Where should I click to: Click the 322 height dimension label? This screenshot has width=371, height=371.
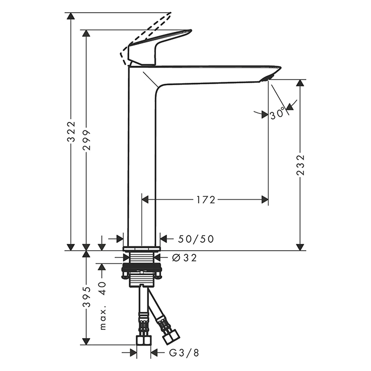point(71,131)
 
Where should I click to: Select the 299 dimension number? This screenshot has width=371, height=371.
point(87,140)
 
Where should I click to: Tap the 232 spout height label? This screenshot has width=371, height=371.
point(301,165)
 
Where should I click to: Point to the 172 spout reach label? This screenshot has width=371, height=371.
point(206,200)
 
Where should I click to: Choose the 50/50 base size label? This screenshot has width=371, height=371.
point(196,239)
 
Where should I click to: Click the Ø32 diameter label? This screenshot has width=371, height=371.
point(184,258)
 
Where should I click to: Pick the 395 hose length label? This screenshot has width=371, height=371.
point(87,297)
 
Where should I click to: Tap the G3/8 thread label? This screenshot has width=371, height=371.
point(184,353)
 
